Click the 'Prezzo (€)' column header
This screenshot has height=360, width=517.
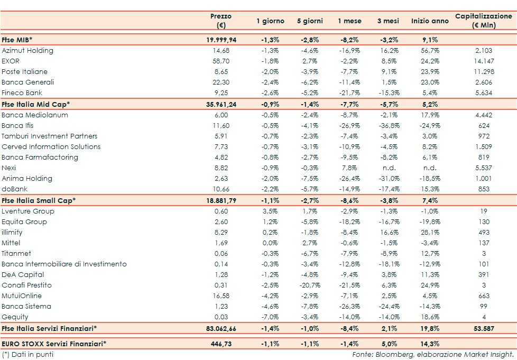220,21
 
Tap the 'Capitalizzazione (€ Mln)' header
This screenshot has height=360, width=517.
483,21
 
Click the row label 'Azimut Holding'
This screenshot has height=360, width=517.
27,51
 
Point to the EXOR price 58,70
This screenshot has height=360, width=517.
221,61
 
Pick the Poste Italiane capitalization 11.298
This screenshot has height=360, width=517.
484,72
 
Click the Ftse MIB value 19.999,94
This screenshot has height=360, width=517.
221,40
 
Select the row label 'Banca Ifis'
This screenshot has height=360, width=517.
19,126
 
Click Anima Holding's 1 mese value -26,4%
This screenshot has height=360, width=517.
349,179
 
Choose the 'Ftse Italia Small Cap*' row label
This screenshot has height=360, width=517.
39,200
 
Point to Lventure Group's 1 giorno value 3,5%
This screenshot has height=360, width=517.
270,211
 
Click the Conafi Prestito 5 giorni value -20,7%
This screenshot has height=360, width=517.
309,285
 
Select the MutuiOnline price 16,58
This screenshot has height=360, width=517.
221,296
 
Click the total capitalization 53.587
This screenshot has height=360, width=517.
484,328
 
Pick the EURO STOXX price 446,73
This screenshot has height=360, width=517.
221,344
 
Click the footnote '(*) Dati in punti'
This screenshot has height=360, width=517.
27,354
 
